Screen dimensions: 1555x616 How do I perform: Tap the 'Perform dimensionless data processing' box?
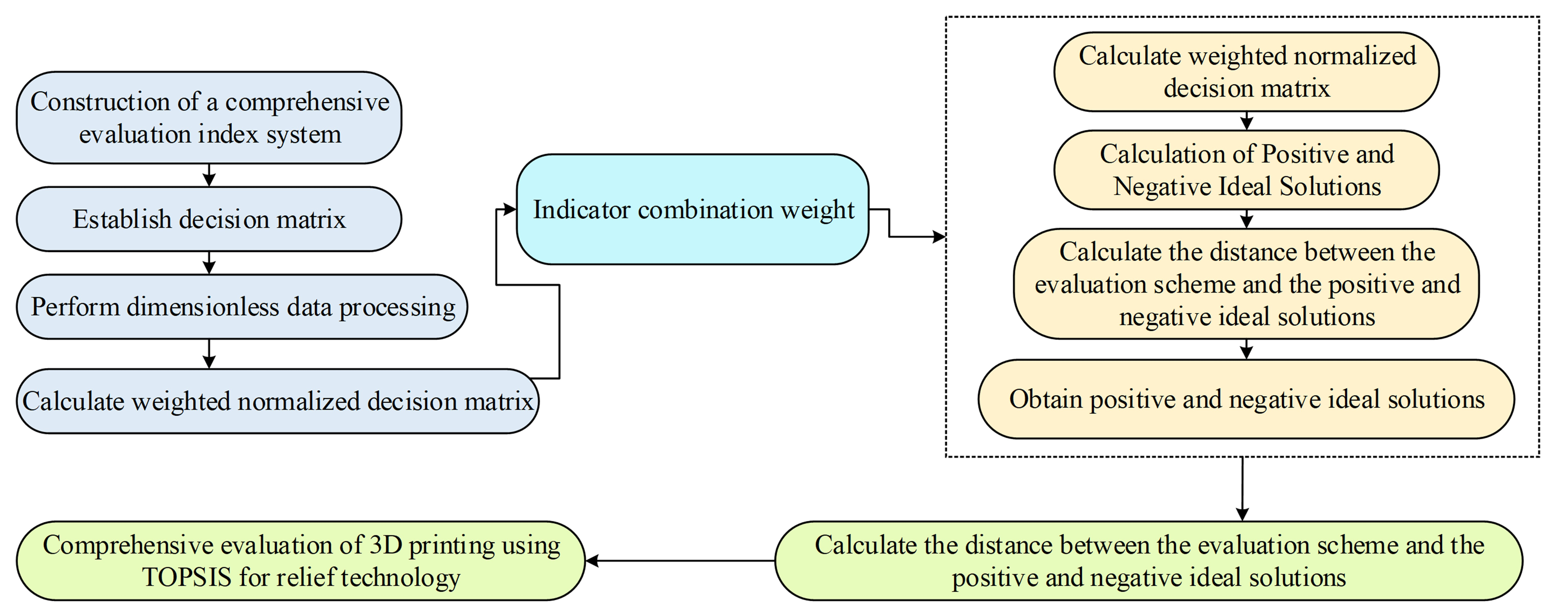coord(242,307)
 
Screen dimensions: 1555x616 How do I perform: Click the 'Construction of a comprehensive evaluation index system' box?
coord(209,118)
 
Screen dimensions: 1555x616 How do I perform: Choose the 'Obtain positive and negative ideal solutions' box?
coord(1247,399)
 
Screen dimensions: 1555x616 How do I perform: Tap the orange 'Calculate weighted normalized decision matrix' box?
coord(1247,72)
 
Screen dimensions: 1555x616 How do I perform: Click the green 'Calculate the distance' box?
coord(1149,561)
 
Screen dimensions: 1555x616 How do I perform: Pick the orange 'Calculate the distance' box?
coord(1247,284)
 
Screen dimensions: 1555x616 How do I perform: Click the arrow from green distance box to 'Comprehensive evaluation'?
coord(680,561)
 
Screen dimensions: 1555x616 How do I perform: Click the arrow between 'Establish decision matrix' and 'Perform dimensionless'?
coord(209,263)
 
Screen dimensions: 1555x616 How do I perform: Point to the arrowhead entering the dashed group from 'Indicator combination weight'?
coord(939,237)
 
